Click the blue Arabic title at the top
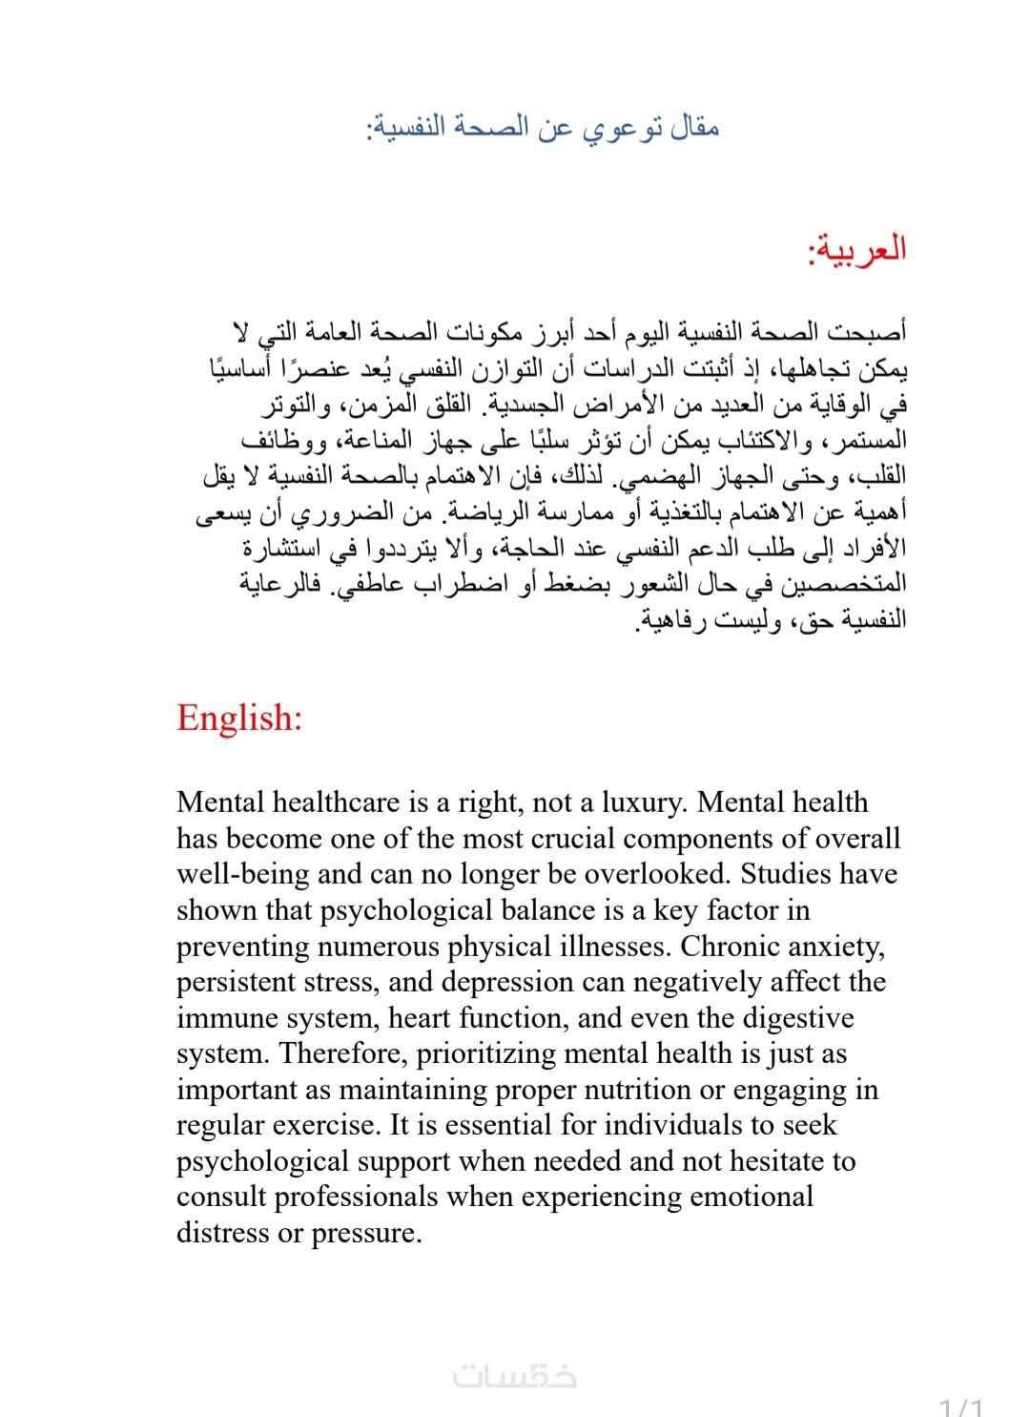[x=543, y=127]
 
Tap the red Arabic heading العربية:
[x=856, y=250]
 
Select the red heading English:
[x=239, y=718]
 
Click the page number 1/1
[x=960, y=1407]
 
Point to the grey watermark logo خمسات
[x=515, y=1376]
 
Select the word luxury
[x=637, y=802]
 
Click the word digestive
[x=797, y=1018]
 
